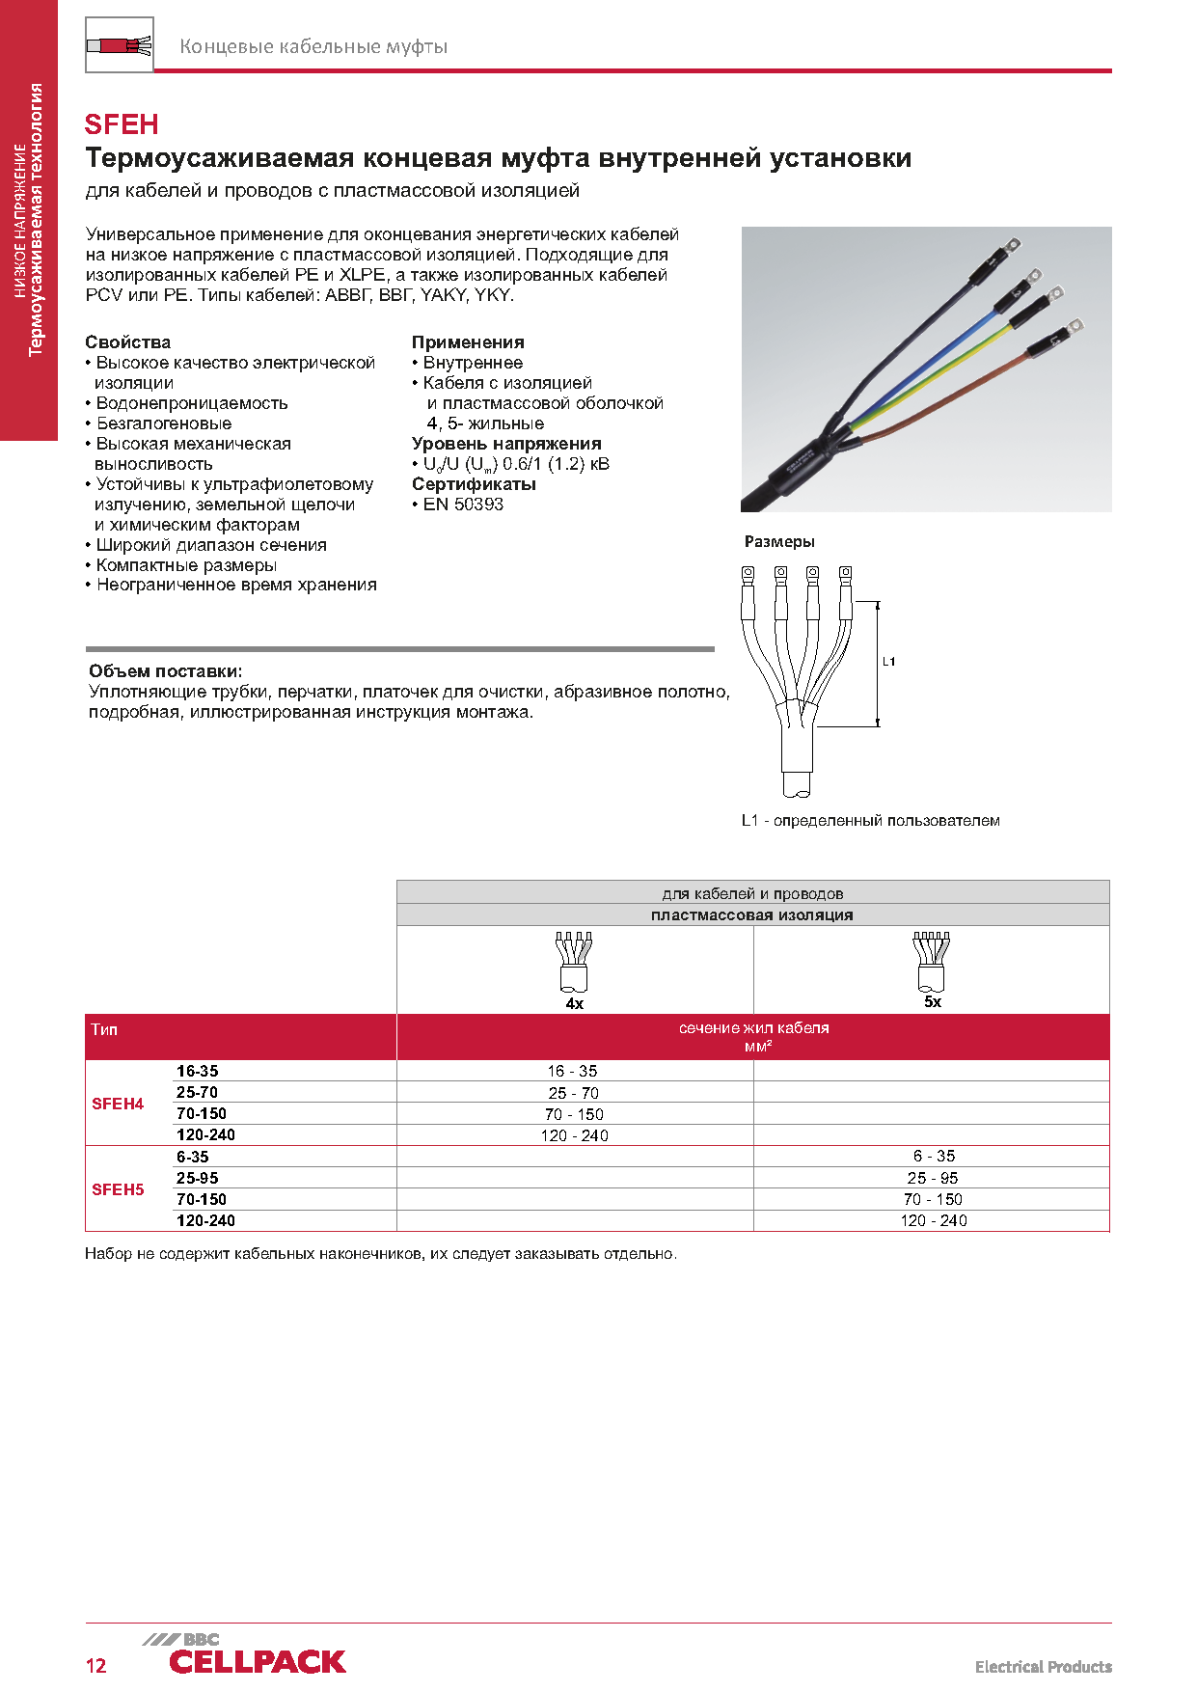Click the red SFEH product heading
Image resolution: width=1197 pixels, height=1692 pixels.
122,124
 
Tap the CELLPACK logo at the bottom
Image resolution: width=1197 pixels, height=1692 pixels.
257,1660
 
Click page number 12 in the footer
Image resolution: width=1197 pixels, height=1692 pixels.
96,1666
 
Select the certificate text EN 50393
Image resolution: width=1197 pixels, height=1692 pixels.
463,505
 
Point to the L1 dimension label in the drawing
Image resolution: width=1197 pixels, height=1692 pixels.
888,662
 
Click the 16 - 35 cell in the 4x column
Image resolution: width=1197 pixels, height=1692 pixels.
573,1071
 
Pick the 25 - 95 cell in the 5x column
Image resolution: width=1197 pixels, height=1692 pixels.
932,1178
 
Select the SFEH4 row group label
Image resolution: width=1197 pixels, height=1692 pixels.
118,1104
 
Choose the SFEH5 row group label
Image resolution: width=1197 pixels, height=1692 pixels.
118,1189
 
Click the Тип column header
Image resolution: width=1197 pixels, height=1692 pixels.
104,1030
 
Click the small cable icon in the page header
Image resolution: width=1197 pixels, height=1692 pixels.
120,45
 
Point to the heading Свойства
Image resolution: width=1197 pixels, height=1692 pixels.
127,342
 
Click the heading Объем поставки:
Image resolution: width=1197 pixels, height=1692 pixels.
166,671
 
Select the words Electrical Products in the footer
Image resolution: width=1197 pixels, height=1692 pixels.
1043,1667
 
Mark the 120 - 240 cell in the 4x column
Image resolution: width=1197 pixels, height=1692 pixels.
575,1135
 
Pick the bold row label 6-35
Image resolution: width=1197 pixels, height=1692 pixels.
193,1157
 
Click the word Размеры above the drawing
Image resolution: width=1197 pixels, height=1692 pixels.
779,542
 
